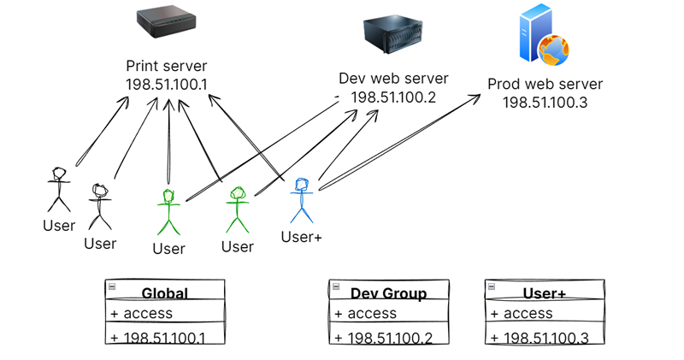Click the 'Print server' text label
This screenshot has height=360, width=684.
pyautogui.click(x=166, y=66)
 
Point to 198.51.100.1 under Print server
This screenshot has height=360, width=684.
pyautogui.click(x=166, y=84)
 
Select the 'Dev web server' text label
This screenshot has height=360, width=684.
pyautogui.click(x=393, y=79)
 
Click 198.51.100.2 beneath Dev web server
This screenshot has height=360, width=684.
pyautogui.click(x=393, y=97)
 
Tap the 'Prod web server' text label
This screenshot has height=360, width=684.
pyautogui.click(x=545, y=84)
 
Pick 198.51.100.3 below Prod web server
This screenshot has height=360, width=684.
pyautogui.click(x=545, y=103)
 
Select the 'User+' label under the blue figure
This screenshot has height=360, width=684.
pyautogui.click(x=301, y=237)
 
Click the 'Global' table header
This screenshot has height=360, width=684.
pyautogui.click(x=165, y=293)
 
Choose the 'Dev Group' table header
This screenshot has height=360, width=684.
pyautogui.click(x=388, y=293)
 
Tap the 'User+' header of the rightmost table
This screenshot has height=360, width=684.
pyautogui.click(x=545, y=293)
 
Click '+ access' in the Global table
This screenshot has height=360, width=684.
pyautogui.click(x=142, y=314)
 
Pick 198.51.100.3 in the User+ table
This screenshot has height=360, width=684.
pyautogui.click(x=540, y=339)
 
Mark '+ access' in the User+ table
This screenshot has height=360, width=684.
pyautogui.click(x=522, y=314)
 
